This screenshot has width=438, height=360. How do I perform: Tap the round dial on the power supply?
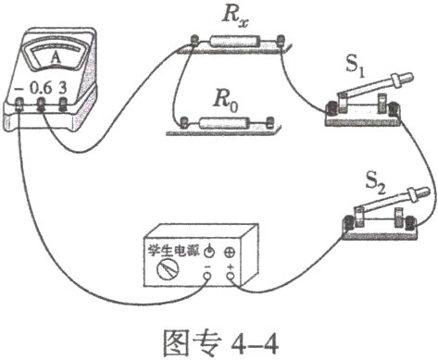pos(168,270)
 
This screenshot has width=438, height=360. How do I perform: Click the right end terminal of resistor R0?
pos(268,121)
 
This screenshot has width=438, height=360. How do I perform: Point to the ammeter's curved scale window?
pos(56,54)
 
